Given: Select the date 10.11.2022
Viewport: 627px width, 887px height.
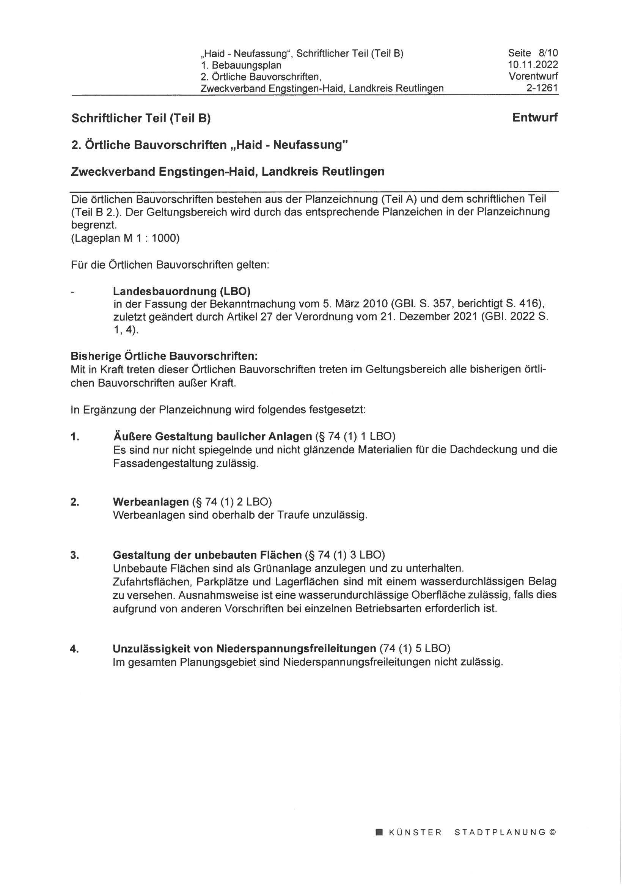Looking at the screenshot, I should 533,64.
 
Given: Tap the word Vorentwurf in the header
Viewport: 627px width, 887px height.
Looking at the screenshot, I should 533,76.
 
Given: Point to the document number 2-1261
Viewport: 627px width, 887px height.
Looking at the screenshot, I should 542,88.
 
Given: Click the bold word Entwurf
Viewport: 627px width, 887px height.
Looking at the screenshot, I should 535,118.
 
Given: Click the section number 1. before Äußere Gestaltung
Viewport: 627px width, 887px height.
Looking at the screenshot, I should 75,437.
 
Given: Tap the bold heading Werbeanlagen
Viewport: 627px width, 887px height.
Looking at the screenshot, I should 151,502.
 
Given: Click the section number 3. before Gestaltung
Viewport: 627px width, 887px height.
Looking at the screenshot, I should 75,555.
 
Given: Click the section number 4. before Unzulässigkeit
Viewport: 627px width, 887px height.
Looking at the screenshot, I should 75,649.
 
